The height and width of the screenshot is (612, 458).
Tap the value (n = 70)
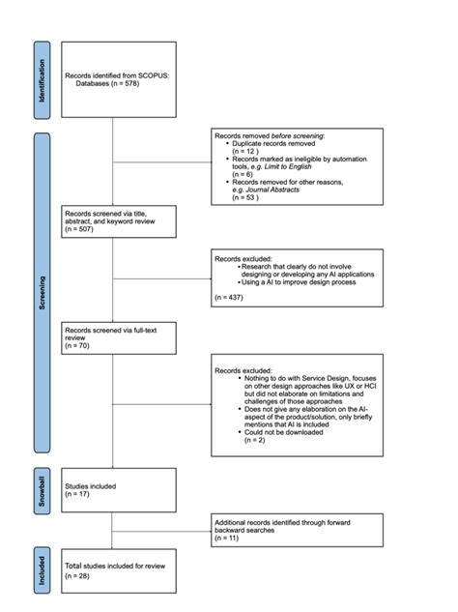tap(78, 344)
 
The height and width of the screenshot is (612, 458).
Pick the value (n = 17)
tap(78, 493)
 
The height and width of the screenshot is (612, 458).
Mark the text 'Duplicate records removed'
tap(273, 143)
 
